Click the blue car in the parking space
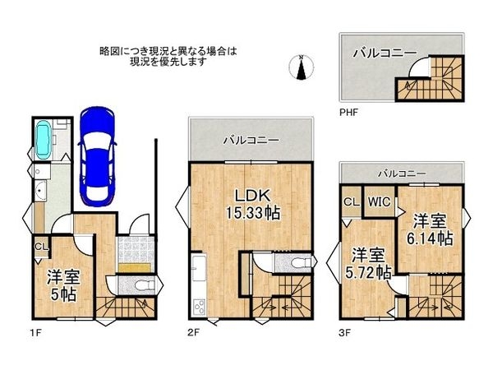click(98, 156)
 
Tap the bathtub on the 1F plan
click(43, 140)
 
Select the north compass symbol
click(302, 67)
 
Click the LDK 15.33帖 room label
click(253, 205)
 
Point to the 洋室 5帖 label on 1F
click(63, 285)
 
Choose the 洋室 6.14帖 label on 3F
click(430, 229)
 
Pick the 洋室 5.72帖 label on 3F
click(368, 264)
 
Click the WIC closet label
click(379, 202)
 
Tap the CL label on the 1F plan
click(42, 247)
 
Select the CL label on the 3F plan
click(351, 202)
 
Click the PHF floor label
click(348, 113)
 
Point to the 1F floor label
click(36, 332)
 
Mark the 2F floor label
click(193, 332)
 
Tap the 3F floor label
click(344, 332)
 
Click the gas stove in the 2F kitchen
click(200, 306)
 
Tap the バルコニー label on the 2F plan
click(251, 140)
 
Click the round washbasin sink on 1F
click(39, 191)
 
